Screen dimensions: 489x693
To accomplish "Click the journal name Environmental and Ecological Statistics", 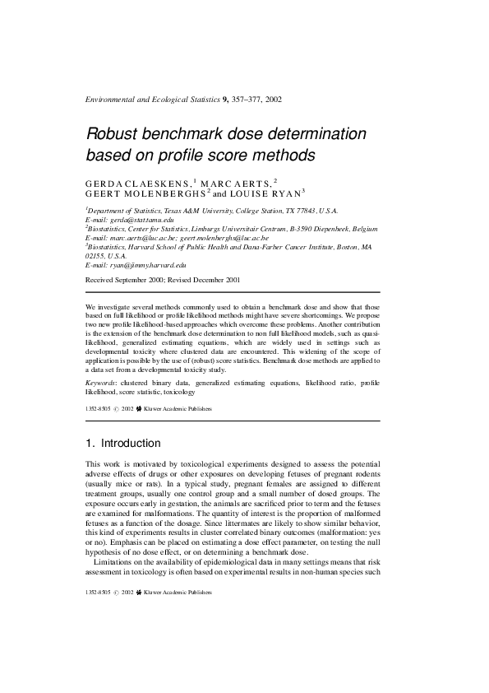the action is [152, 100].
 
